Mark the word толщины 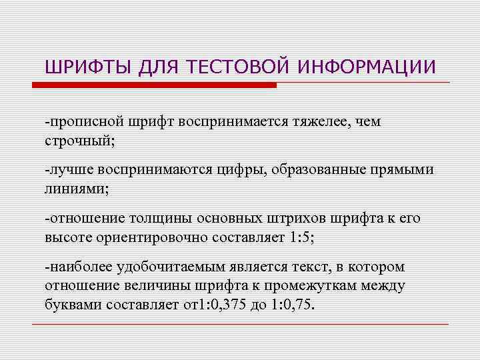(x=146, y=219)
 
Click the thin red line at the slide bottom (x=240, y=324)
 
